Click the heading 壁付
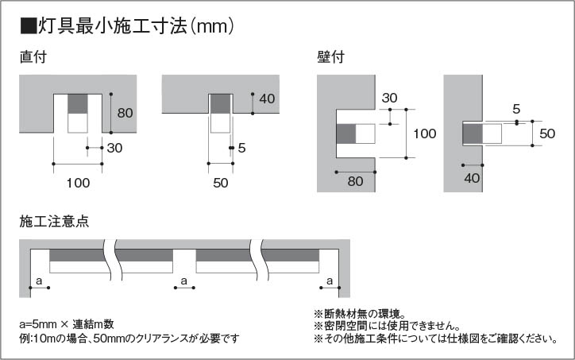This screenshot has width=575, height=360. coord(330,57)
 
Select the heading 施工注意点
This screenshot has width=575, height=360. coord(53,221)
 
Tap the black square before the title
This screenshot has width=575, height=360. coord(28,26)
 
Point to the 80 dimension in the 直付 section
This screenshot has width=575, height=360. coord(125,113)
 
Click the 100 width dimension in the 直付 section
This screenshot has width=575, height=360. coord(78,183)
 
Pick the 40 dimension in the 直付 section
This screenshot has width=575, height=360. coord(267,99)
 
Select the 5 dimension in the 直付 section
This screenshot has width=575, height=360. coord(241,147)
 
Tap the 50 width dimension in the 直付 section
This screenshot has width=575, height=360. coord(221,183)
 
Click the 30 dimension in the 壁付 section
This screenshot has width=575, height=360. coord(389,98)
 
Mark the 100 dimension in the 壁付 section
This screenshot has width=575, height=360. coord(425,134)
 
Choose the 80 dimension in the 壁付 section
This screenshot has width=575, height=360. coord(355,180)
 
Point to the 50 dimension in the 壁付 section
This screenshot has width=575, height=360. coord(546,134)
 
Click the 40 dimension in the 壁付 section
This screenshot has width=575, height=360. coord(473,178)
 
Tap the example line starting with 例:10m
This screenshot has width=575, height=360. coord(129,339)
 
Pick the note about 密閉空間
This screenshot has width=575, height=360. coord(387,326)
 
